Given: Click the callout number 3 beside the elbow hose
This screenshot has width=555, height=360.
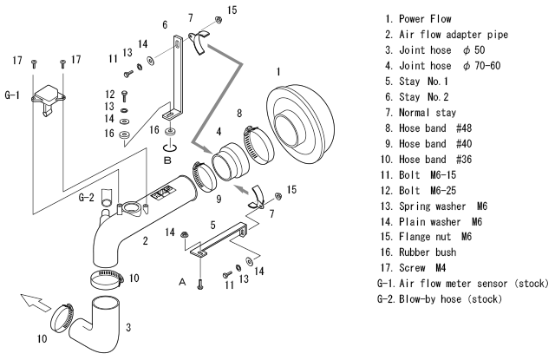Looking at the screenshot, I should [131, 327].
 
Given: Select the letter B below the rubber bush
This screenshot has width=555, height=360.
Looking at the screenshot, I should [167, 160].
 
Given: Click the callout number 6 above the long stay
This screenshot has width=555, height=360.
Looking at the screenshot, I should [164, 25].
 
